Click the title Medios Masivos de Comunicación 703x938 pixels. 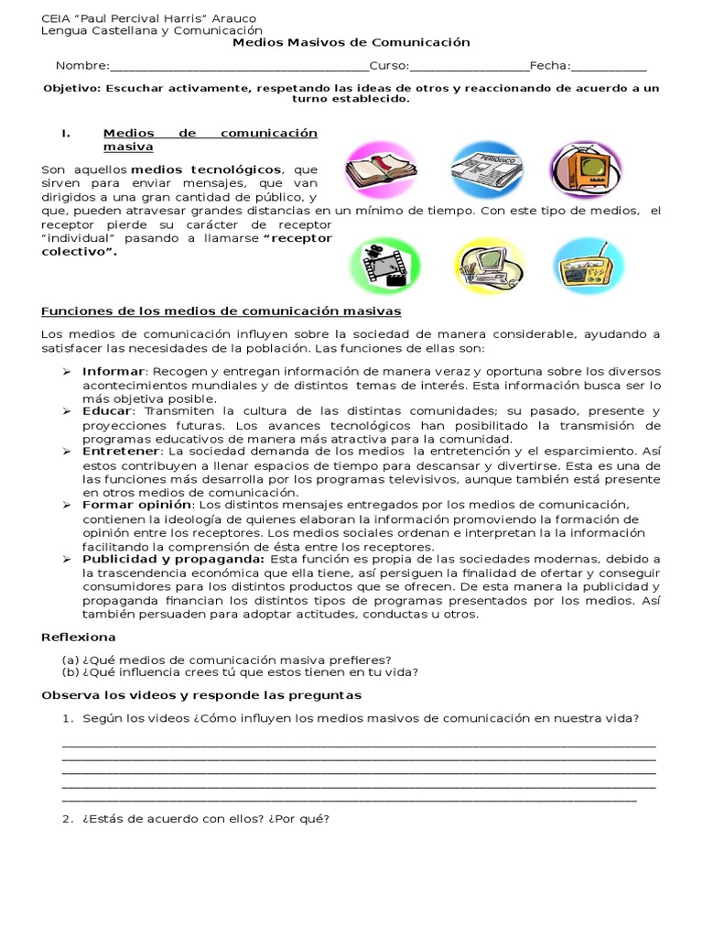click(351, 42)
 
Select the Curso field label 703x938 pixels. click(388, 66)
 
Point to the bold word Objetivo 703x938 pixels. click(72, 89)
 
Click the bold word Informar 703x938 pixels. click(114, 372)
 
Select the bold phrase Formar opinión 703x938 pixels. click(137, 505)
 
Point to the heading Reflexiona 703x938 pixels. click(79, 637)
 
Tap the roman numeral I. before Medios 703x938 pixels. click(66, 133)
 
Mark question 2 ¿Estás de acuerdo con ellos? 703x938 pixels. click(196, 819)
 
